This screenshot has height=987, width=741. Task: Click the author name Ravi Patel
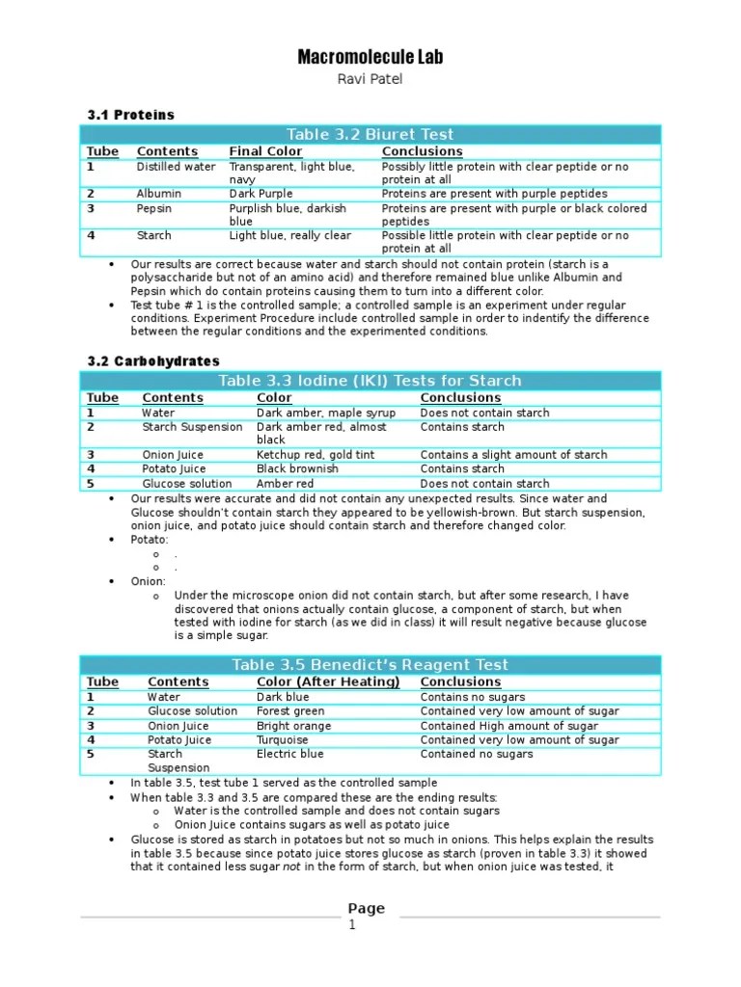click(x=370, y=80)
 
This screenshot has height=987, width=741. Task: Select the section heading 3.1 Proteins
click(x=131, y=115)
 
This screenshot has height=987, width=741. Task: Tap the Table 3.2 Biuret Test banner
click(x=370, y=134)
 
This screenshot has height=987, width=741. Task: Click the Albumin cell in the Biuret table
click(x=158, y=194)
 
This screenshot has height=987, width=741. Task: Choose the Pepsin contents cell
click(x=154, y=208)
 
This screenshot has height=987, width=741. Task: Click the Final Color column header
click(x=265, y=151)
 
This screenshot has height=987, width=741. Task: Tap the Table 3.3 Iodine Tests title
click(x=370, y=381)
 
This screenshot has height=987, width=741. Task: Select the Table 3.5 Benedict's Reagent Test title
click(x=370, y=665)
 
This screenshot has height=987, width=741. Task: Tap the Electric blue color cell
click(x=290, y=754)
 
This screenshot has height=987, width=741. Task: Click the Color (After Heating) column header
click(x=328, y=682)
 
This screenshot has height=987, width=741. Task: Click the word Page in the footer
click(x=367, y=908)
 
